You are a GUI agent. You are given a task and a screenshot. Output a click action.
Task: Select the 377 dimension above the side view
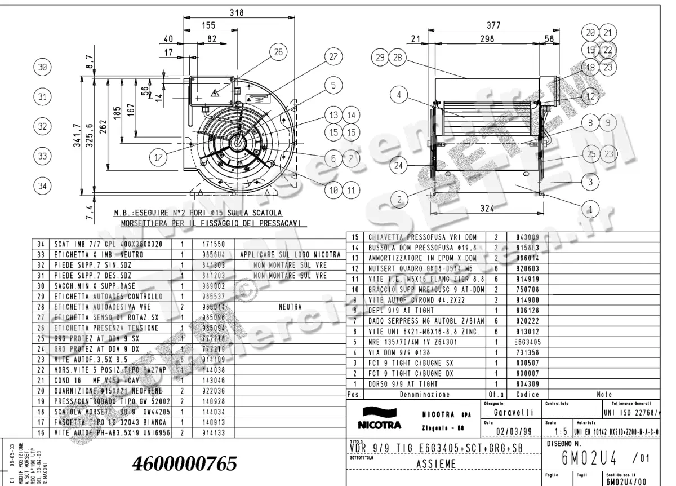coord(495,25)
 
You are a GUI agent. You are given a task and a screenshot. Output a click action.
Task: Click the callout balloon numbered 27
coord(333,57)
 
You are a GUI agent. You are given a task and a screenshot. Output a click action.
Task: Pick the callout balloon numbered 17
coord(158,158)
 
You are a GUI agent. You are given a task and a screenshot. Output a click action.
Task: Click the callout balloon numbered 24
coord(399,166)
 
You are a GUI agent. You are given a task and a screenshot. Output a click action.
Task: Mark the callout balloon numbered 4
coord(399,94)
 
